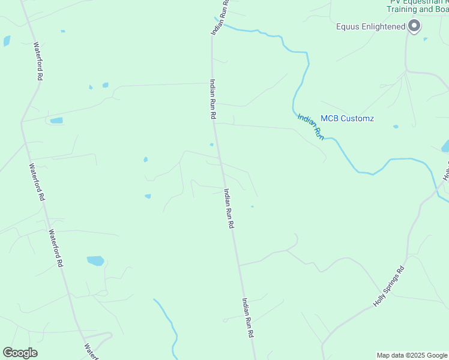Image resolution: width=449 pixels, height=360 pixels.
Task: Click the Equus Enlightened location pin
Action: (414, 26)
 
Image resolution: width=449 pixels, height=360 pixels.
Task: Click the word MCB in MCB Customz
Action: (330, 118)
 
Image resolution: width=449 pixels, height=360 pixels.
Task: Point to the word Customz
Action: (358, 118)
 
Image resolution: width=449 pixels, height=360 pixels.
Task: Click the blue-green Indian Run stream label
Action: (311, 127)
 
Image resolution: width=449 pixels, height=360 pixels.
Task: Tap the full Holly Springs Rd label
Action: (390, 287)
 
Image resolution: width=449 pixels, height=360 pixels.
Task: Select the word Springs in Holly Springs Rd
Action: (390, 288)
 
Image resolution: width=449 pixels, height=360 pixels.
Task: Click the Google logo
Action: (20, 353)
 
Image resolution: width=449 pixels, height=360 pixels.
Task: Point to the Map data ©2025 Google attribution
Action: (412, 355)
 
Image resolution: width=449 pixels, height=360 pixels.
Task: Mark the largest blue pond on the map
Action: (95, 260)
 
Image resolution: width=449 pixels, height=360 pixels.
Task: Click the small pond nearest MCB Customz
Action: (396, 127)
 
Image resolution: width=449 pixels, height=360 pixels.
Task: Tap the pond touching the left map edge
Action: (7, 41)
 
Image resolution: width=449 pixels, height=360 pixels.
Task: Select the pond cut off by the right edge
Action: (445, 146)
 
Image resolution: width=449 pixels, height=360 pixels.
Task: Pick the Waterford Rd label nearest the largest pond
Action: (56, 248)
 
